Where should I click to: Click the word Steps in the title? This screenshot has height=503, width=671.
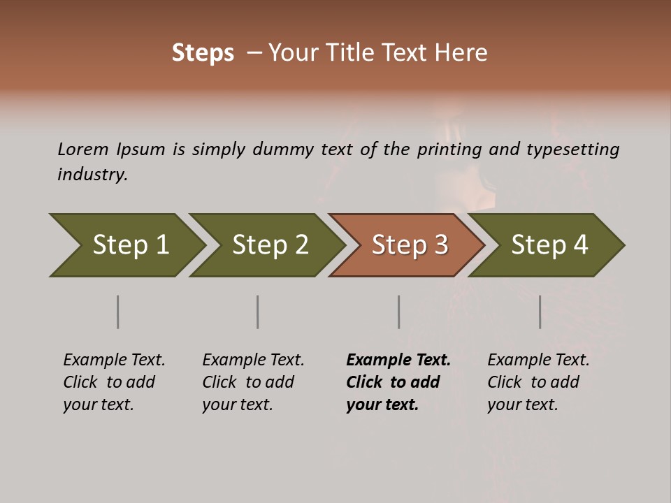203,53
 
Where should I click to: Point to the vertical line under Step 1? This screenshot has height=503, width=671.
117,312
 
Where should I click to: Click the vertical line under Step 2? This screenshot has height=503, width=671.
257,312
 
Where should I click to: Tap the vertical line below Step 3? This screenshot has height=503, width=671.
398,312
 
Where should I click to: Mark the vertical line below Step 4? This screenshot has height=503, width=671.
540,312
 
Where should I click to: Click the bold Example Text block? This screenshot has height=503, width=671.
398,382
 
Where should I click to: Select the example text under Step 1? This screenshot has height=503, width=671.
114,382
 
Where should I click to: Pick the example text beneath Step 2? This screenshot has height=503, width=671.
253,382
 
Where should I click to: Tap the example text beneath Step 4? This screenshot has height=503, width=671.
538,382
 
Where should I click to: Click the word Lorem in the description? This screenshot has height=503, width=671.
83,150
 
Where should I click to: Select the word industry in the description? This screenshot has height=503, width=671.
92,175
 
